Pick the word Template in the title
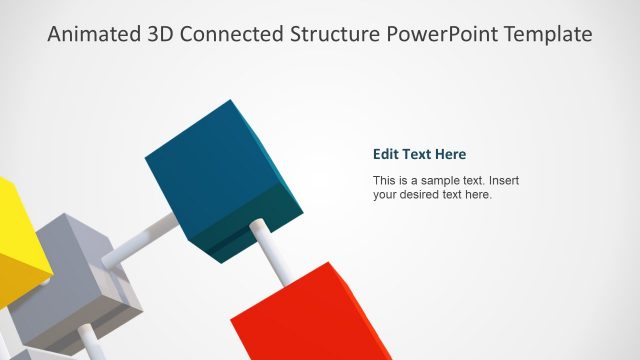click(x=551, y=35)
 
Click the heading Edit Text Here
click(x=419, y=154)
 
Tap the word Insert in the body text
click(x=503, y=181)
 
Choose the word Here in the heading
click(x=451, y=154)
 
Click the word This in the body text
click(x=385, y=181)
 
